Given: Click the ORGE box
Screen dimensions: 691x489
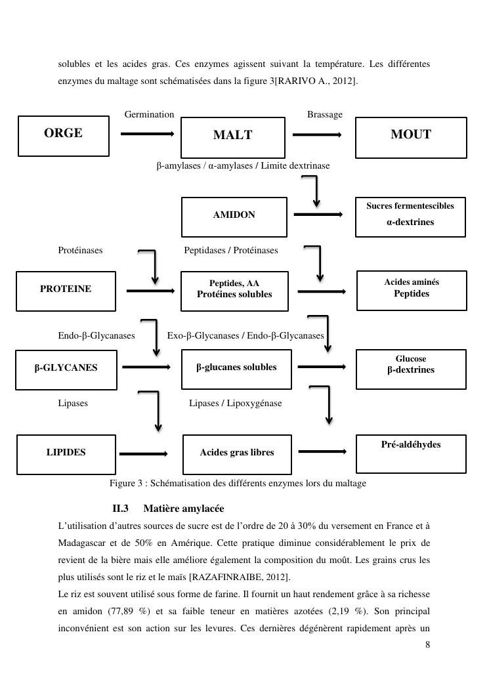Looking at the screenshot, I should click(x=63, y=136).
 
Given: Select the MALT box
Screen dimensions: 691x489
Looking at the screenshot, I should click(x=232, y=137).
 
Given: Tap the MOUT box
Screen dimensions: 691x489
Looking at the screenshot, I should click(x=411, y=137).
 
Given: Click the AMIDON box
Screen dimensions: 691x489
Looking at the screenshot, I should click(x=234, y=217).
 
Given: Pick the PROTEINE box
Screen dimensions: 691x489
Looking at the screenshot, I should click(x=66, y=290).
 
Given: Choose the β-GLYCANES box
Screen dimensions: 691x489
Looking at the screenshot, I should click(x=66, y=369).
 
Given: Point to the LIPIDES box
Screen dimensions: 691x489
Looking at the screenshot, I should click(x=66, y=453).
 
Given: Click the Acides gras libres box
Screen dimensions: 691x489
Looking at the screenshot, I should click(x=236, y=453).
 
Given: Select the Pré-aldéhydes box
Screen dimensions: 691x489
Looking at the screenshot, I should click(x=411, y=453).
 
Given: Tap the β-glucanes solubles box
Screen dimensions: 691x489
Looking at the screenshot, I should click(x=236, y=369).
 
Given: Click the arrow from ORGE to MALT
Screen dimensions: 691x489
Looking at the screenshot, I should click(x=147, y=134).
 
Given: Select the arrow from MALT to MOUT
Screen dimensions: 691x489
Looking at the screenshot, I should click(x=317, y=135).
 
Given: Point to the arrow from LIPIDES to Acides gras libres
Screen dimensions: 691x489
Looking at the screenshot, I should click(x=143, y=453).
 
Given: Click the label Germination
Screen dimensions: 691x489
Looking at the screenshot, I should click(x=149, y=115).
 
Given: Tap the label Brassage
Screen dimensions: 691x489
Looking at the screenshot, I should click(x=324, y=115).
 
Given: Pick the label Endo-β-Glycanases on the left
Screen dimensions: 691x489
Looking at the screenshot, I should click(x=96, y=335).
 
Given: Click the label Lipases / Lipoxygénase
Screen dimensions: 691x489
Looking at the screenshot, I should click(x=235, y=403).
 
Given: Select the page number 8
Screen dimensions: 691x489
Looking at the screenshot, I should click(x=428, y=645).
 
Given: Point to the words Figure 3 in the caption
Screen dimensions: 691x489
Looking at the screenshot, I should click(x=126, y=484).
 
